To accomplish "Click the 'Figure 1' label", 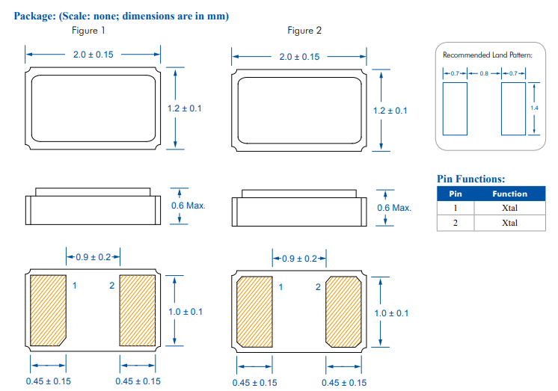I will coord(88,31).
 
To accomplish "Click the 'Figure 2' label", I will coord(304,31).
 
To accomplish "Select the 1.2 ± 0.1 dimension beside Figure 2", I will coord(390,111).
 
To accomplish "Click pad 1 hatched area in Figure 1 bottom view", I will coord(47,310).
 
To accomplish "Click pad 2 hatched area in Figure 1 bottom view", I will coord(137,310).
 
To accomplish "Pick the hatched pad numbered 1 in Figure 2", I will coord(254,312).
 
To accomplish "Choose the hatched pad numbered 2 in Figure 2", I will coord(343,312).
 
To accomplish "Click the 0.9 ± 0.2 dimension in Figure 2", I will coord(298,259).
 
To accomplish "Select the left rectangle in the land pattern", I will coord(455,108).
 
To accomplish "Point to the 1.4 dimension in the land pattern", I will coord(534,108).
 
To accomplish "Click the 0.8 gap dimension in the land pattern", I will coord(484,73).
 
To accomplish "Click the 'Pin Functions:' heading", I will coord(470,179).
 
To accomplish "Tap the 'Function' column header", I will coord(509,194).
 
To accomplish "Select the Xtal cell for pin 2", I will coord(509,223).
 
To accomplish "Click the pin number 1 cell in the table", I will coord(456,208).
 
